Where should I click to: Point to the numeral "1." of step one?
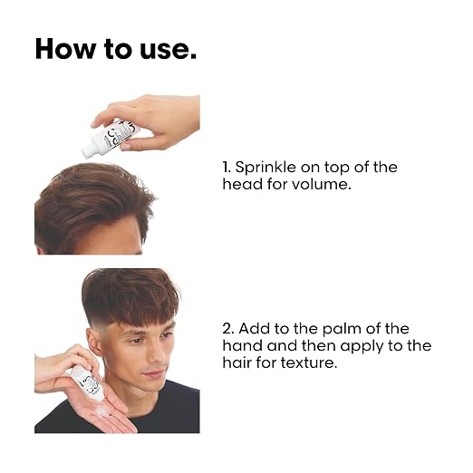(x=227, y=168)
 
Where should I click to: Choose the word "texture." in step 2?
(x=309, y=362)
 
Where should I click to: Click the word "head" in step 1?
(x=243, y=184)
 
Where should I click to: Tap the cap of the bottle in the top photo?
(x=88, y=150)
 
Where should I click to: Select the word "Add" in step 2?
(x=255, y=329)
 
